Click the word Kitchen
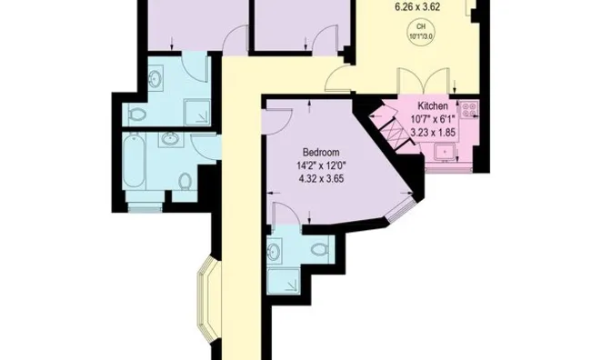tap(433, 105)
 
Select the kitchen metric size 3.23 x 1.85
tap(433, 133)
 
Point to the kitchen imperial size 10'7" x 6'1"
tap(433, 119)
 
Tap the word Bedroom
tap(321, 152)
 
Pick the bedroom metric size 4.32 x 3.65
tap(321, 179)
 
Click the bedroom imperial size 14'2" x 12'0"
tap(321, 165)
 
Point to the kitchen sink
tap(445, 153)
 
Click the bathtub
tap(134, 160)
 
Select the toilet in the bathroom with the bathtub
tap(185, 181)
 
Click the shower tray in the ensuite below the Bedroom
tap(284, 281)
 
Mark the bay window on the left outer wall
tap(208, 298)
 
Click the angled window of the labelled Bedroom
tap(401, 210)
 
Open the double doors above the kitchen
tap(424, 81)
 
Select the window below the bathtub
tap(145, 207)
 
